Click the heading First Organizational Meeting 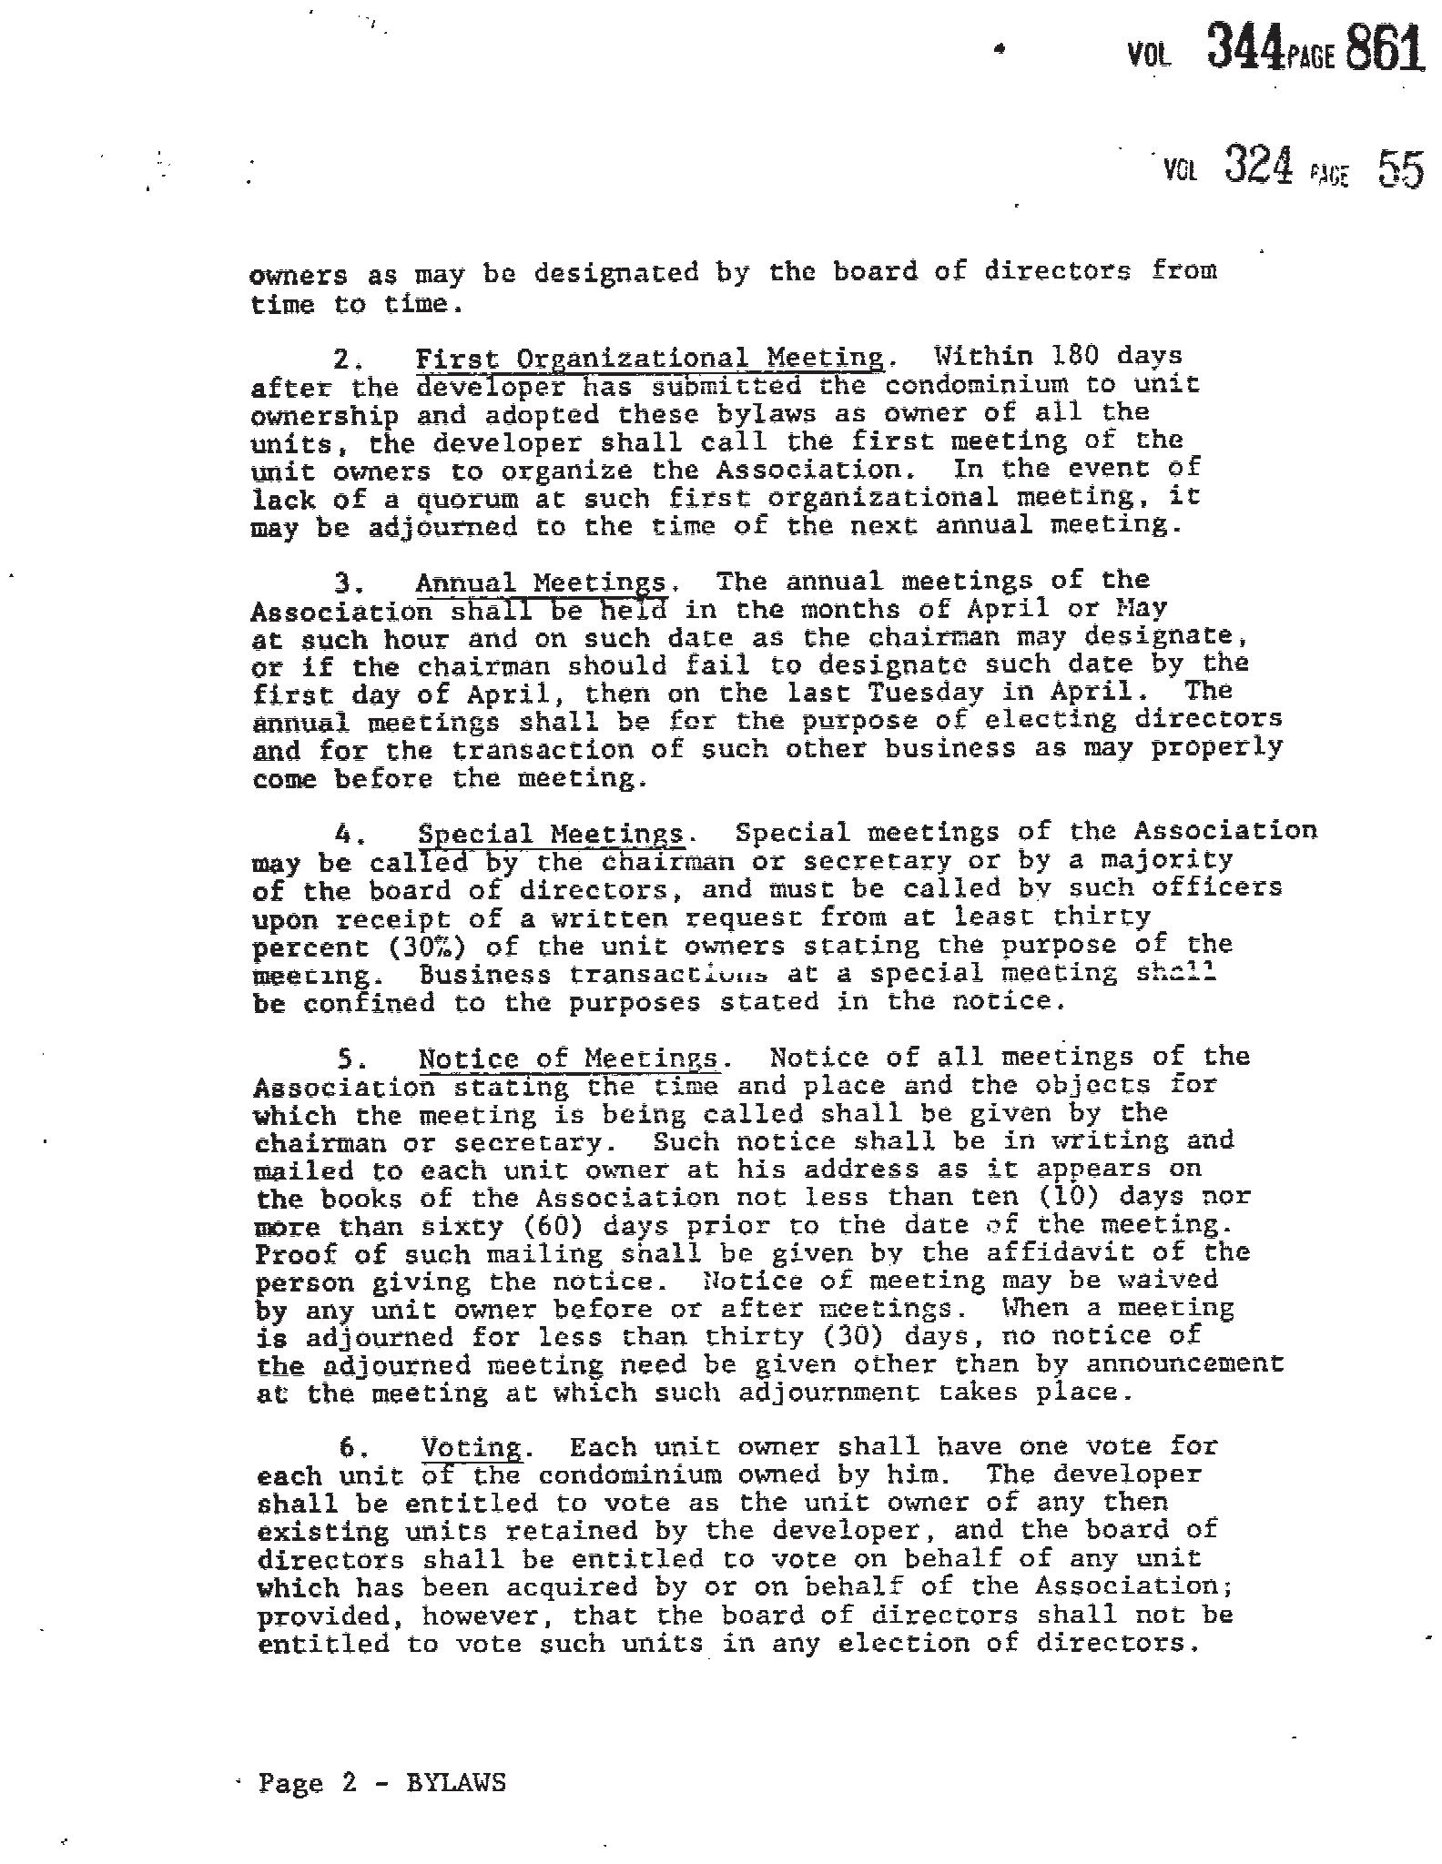pyautogui.click(x=649, y=358)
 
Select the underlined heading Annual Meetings pyautogui.click(x=541, y=582)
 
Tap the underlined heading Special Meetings pyautogui.click(x=550, y=834)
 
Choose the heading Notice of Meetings pyautogui.click(x=568, y=1059)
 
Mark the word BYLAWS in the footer pyautogui.click(x=455, y=1782)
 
